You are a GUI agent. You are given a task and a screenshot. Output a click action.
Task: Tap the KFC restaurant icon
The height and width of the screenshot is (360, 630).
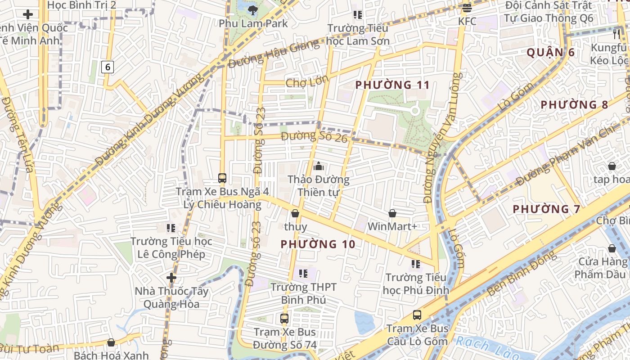click(467, 8)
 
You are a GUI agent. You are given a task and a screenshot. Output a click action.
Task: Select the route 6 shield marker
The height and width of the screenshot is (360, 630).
click(108, 67)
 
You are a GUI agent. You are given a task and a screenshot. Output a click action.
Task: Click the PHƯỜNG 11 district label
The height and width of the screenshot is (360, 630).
click(392, 85)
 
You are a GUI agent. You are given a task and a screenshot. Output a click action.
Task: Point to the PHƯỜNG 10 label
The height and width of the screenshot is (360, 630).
click(318, 244)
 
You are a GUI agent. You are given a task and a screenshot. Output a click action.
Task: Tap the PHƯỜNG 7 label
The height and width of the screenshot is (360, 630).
click(547, 209)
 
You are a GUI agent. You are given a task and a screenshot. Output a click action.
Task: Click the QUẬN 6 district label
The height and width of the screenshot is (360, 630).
click(550, 52)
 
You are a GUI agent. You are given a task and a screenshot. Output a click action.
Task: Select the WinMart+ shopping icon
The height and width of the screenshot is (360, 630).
click(392, 213)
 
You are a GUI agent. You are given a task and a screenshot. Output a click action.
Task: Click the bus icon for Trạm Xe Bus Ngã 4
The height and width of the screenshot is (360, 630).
click(222, 178)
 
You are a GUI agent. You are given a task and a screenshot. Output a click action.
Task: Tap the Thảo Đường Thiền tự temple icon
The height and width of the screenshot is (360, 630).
click(319, 166)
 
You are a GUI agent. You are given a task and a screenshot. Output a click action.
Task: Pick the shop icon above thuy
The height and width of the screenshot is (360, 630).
click(295, 213)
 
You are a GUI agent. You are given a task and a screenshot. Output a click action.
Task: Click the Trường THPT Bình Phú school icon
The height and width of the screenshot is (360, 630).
click(303, 273)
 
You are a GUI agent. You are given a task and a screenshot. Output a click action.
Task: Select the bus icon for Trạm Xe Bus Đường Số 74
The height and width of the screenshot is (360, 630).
click(284, 319)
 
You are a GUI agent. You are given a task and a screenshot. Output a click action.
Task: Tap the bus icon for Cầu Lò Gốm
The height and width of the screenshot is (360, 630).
click(417, 315)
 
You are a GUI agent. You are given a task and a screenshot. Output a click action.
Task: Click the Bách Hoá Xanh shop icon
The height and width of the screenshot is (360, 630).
click(111, 343)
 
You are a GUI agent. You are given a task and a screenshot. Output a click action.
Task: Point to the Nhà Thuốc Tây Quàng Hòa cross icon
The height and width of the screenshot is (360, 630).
click(171, 277)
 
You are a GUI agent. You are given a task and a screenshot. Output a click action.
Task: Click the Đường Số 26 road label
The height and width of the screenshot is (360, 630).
click(314, 136)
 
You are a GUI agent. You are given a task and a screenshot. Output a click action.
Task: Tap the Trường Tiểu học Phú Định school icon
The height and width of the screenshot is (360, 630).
click(415, 264)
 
